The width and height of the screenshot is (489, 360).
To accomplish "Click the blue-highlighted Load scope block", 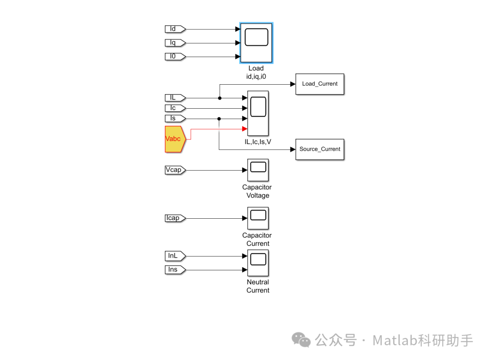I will tap(256, 42).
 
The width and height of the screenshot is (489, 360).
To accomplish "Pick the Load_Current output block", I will tap(320, 84).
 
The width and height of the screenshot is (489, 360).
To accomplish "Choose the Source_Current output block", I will tap(320, 149).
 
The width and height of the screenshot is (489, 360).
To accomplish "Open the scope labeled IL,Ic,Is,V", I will tap(258, 113).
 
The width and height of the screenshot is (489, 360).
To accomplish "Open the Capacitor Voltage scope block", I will tap(258, 170).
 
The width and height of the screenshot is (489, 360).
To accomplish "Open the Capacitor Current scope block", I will tap(258, 218).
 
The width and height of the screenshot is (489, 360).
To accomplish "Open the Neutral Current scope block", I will tap(258, 263).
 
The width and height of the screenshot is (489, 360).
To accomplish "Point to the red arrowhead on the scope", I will tap(245, 129).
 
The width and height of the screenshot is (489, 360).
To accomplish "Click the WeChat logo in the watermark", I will tap(301, 340).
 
